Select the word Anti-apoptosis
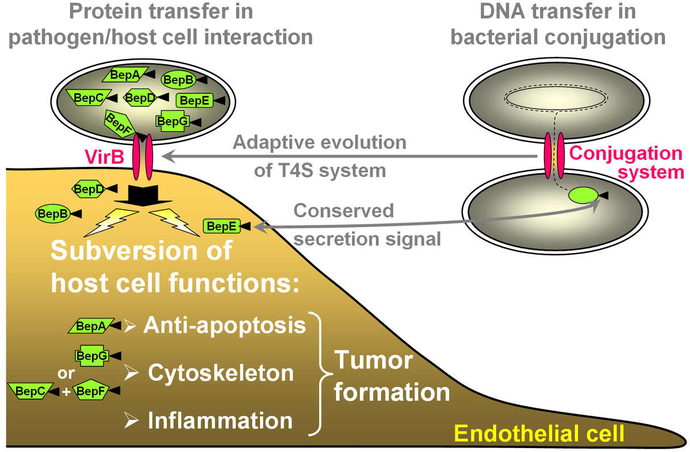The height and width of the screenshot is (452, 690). tap(224, 325)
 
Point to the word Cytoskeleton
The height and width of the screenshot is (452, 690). tap(221, 373)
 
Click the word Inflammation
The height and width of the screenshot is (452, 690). tap(220, 420)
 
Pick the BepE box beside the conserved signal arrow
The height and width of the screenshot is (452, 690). tap(220, 227)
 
